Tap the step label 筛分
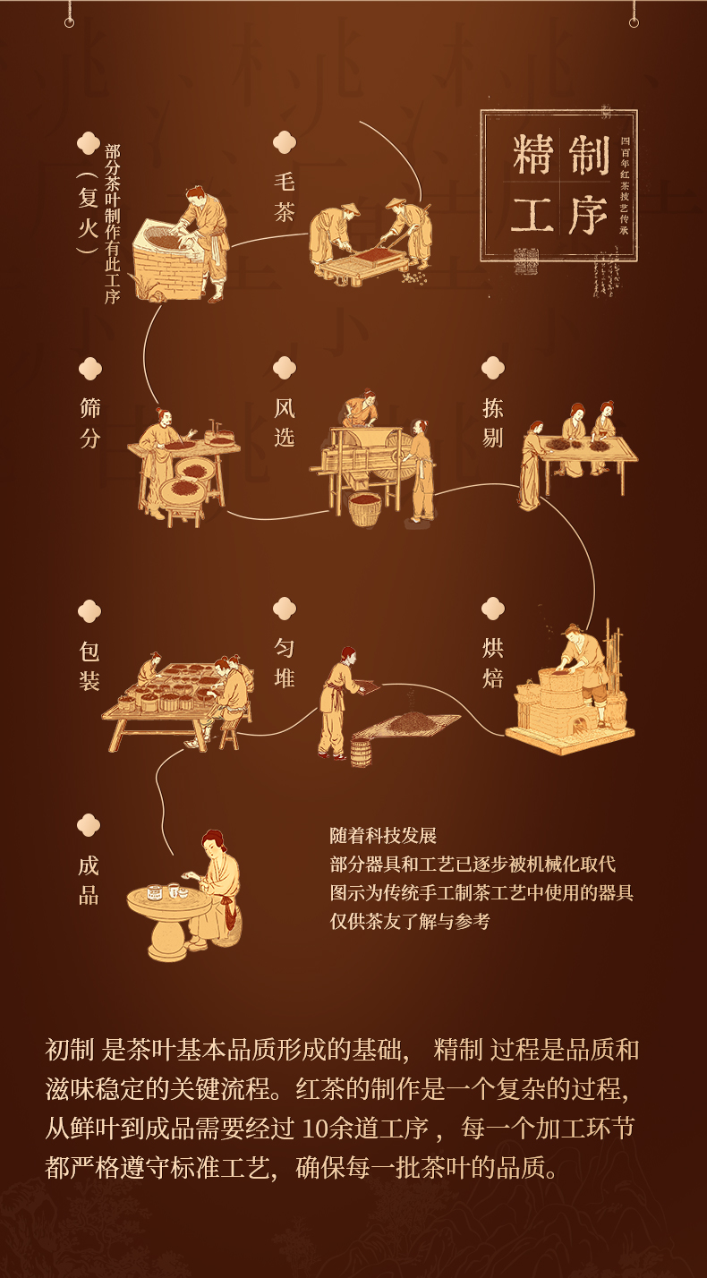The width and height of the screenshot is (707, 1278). pyautogui.click(x=89, y=423)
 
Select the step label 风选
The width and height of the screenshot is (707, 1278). pyautogui.click(x=284, y=423)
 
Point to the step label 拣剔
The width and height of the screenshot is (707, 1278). pyautogui.click(x=492, y=423)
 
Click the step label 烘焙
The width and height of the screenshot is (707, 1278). pyautogui.click(x=492, y=662)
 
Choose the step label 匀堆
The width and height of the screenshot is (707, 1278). pyautogui.click(x=284, y=662)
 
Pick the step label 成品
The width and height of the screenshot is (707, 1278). pyautogui.click(x=89, y=880)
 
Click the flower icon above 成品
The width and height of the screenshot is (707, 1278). pyautogui.click(x=89, y=824)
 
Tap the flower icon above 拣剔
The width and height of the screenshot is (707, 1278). pyautogui.click(x=492, y=367)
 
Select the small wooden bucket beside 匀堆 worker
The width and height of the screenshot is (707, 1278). pyautogui.click(x=361, y=752)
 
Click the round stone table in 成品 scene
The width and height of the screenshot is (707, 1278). pyautogui.click(x=166, y=913)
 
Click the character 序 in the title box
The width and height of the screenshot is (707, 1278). pyautogui.click(x=587, y=215)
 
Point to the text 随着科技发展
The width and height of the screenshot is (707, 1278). pyautogui.click(x=383, y=836)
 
